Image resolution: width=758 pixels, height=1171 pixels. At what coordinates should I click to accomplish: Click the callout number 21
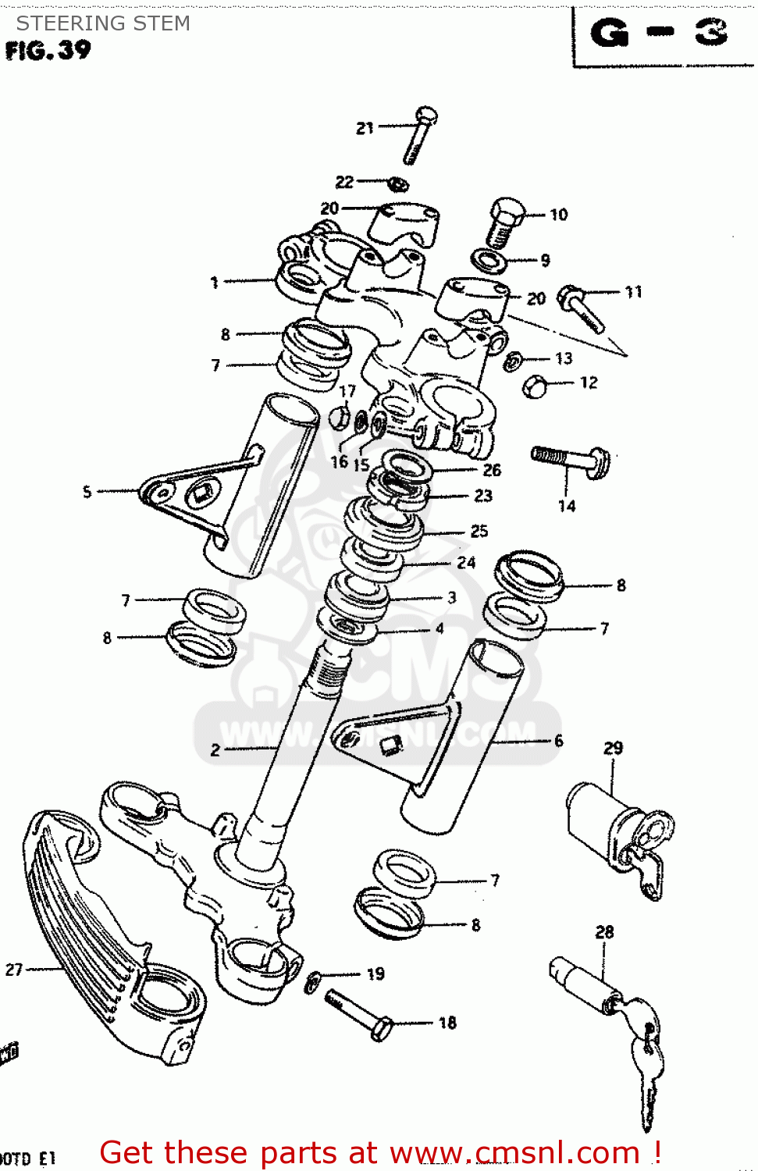[x=365, y=128]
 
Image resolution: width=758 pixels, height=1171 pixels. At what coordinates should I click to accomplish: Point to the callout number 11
[x=633, y=292]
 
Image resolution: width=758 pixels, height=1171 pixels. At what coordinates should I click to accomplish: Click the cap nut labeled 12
[x=535, y=386]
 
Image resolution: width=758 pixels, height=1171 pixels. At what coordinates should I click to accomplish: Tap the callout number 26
[x=492, y=470]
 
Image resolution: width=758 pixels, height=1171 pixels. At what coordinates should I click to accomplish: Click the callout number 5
[x=87, y=492]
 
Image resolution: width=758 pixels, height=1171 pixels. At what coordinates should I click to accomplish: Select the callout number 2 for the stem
[x=215, y=750]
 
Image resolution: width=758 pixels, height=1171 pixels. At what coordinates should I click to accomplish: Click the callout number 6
[x=558, y=741]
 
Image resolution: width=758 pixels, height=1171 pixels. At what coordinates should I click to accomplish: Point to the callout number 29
[x=613, y=748]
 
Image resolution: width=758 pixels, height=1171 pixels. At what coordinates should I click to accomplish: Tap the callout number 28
[x=604, y=932]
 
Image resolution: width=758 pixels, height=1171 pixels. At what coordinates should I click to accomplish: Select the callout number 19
[x=375, y=973]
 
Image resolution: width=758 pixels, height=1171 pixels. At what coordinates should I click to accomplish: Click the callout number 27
[x=14, y=970]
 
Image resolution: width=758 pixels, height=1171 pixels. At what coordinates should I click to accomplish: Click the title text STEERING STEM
[x=103, y=23]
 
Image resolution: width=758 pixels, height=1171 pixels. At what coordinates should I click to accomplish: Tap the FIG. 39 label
[x=48, y=51]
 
